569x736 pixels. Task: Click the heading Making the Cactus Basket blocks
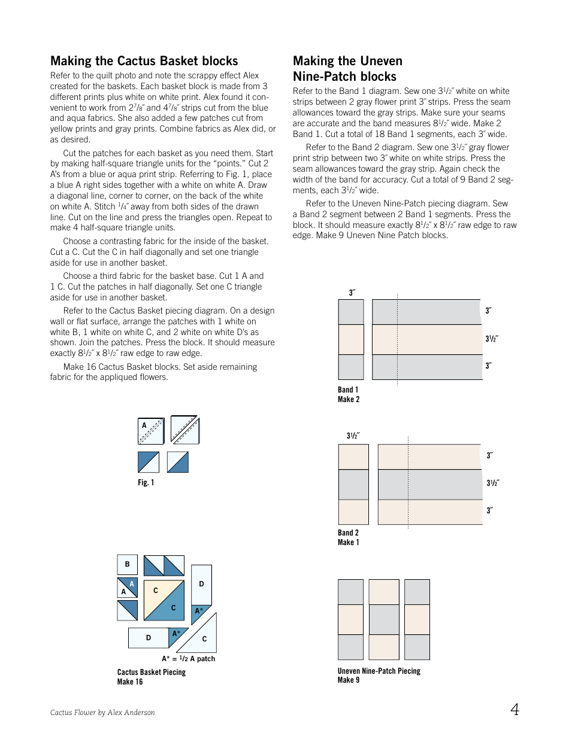[x=144, y=61]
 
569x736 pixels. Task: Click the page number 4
[x=514, y=710]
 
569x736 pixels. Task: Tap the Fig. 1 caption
[x=146, y=482]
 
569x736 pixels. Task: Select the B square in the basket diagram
[x=127, y=564]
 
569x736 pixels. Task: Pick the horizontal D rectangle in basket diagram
[x=149, y=638]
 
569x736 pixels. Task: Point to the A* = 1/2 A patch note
[x=188, y=659]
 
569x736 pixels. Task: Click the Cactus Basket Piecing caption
[x=151, y=672]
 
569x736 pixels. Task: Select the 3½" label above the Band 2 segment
[x=353, y=436]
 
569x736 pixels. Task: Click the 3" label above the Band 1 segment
[x=352, y=293]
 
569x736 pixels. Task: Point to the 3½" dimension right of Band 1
[x=492, y=339]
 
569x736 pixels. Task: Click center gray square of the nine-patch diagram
[x=384, y=619]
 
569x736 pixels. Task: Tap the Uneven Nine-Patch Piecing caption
[x=379, y=671]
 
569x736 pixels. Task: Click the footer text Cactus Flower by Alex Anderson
[x=102, y=712]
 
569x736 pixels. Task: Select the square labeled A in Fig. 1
[x=150, y=431]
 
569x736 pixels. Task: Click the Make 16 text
[x=130, y=682]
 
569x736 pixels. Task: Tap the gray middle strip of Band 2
[x=429, y=485]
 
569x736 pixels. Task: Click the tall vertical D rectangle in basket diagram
[x=201, y=584]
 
